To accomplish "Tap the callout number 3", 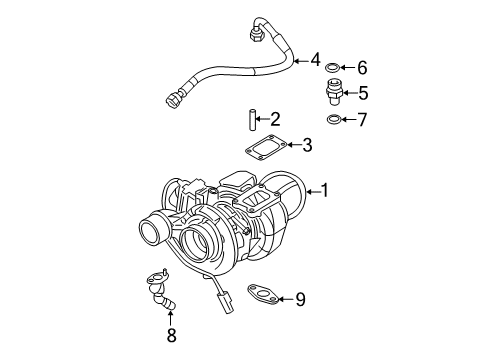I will point(307,146).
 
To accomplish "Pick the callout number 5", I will point(362,94).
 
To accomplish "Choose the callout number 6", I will point(362,68).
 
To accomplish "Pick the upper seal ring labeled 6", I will point(333,69).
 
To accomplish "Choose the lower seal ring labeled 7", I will point(333,120).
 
